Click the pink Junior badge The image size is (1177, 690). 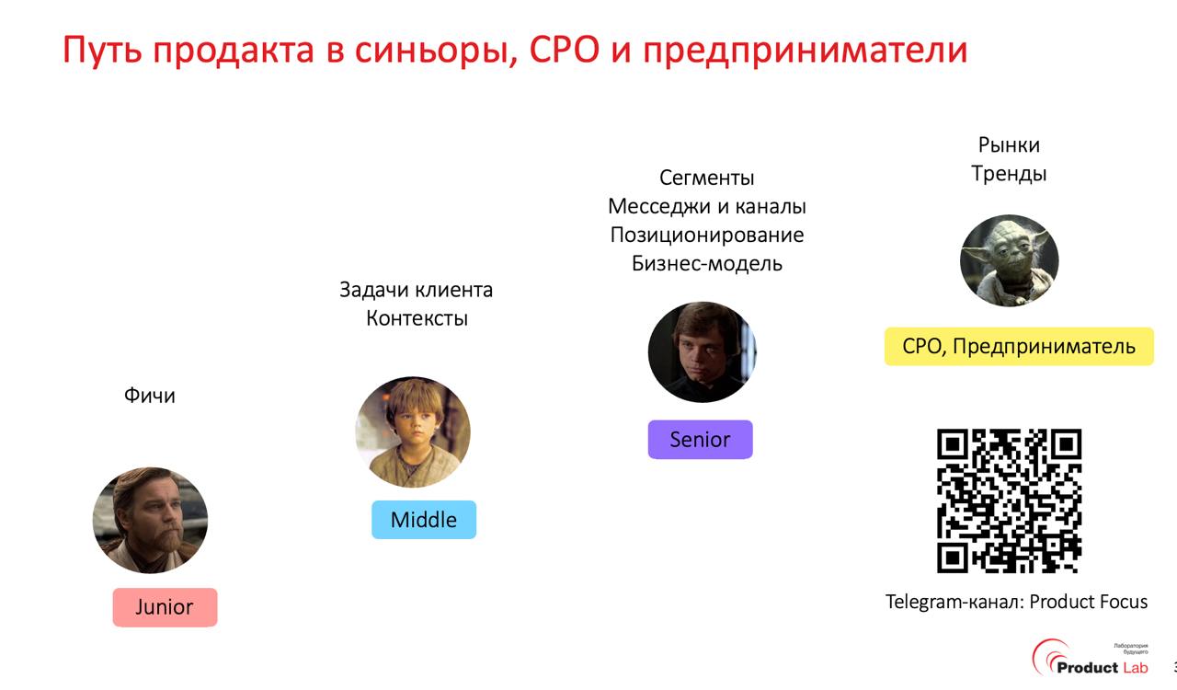pyautogui.click(x=165, y=607)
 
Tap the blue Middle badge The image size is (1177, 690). pyautogui.click(x=424, y=520)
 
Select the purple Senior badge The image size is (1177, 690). pyautogui.click(x=700, y=440)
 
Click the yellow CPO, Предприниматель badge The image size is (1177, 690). pyautogui.click(x=1019, y=347)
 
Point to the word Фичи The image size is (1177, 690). pyautogui.click(x=150, y=396)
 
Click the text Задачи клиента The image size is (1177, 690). pyautogui.click(x=416, y=290)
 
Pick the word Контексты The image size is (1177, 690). pyautogui.click(x=417, y=318)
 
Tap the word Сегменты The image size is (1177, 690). pyautogui.click(x=706, y=178)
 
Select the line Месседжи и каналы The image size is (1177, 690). pyautogui.click(x=706, y=206)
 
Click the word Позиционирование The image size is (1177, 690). pyautogui.click(x=706, y=235)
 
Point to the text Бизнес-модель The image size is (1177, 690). pyautogui.click(x=706, y=263)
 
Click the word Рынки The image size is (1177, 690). pyautogui.click(x=1009, y=144)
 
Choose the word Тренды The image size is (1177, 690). pyautogui.click(x=1009, y=173)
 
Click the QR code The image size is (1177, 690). pyautogui.click(x=1009, y=500)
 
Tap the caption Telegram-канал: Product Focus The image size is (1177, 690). pyautogui.click(x=1016, y=602)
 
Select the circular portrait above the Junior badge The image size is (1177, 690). pyautogui.click(x=150, y=520)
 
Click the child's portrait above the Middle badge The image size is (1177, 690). pyautogui.click(x=413, y=432)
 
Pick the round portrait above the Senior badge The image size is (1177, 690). pyautogui.click(x=702, y=352)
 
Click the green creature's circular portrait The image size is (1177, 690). pyautogui.click(x=1009, y=260)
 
